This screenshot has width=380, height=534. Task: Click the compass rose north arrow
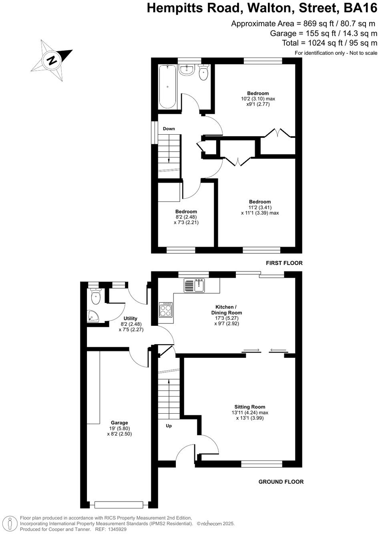click(52, 61)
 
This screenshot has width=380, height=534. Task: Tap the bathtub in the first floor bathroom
click(167, 86)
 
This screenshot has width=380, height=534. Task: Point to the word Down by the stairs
click(169, 129)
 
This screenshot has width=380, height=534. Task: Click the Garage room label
click(119, 422)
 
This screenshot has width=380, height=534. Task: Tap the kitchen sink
click(195, 285)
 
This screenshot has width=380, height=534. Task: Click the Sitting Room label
click(250, 407)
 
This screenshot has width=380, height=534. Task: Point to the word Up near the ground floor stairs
click(169, 426)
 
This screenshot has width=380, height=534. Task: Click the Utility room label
click(131, 319)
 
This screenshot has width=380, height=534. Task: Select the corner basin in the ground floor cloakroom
click(93, 317)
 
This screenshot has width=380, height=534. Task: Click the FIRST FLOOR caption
click(284, 263)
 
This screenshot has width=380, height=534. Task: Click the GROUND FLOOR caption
click(281, 482)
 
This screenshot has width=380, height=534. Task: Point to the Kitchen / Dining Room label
click(227, 310)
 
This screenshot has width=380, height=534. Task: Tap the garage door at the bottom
click(118, 504)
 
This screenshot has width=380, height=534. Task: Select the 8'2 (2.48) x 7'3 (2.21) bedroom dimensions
click(186, 219)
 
